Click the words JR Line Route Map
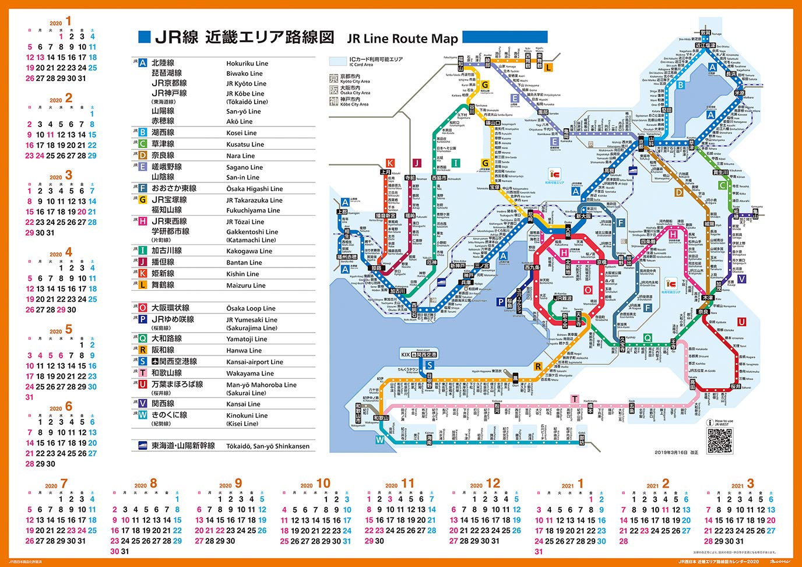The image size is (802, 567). tap(402, 39)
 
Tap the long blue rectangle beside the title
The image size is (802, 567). tap(505, 37)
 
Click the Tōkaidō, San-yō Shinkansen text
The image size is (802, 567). tap(268, 446)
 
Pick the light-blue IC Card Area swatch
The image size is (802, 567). tap(338, 61)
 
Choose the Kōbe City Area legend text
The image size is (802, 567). tap(355, 102)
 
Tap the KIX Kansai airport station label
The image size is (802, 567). tap(418, 354)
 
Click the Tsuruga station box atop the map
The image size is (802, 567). tap(706, 33)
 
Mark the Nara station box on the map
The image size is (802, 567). tap(703, 312)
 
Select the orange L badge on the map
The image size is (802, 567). tap(548, 68)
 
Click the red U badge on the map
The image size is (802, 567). tap(741, 322)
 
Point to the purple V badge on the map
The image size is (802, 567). tap(741, 279)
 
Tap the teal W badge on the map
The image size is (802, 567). tap(380, 440)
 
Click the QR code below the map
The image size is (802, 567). tap(720, 441)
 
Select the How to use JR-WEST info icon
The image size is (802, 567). tap(710, 422)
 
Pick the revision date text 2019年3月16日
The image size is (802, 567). tap(676, 452)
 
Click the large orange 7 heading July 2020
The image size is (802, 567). tap(64, 484)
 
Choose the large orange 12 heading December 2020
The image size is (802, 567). tap(493, 484)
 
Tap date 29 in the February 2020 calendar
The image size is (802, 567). tap(92, 156)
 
